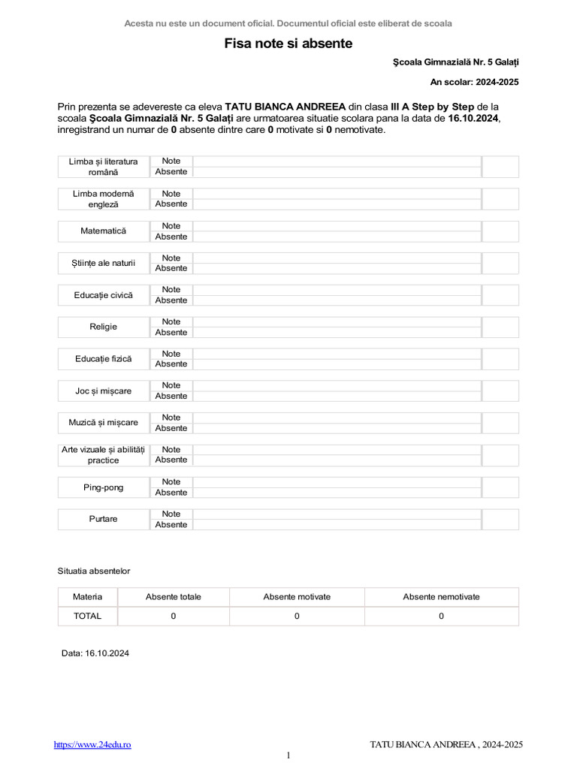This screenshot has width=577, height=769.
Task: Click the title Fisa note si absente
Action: tap(288, 44)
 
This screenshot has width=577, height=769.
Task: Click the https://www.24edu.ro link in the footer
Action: tap(92, 744)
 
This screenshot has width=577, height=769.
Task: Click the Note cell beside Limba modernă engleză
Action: tap(171, 194)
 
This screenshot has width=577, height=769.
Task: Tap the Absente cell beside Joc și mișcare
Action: tap(171, 396)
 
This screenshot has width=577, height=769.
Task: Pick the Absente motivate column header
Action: tap(297, 597)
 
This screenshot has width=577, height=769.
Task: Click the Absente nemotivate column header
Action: tap(441, 597)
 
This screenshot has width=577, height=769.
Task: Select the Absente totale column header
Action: tap(174, 597)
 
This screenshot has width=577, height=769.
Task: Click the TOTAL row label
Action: tap(87, 616)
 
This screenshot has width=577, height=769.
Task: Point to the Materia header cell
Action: tap(87, 597)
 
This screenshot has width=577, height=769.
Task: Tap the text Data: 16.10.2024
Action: tap(95, 653)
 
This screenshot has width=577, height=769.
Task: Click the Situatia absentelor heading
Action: tap(94, 571)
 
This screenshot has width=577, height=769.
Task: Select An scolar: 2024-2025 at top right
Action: tap(474, 82)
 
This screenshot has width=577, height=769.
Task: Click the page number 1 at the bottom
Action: tap(288, 755)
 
